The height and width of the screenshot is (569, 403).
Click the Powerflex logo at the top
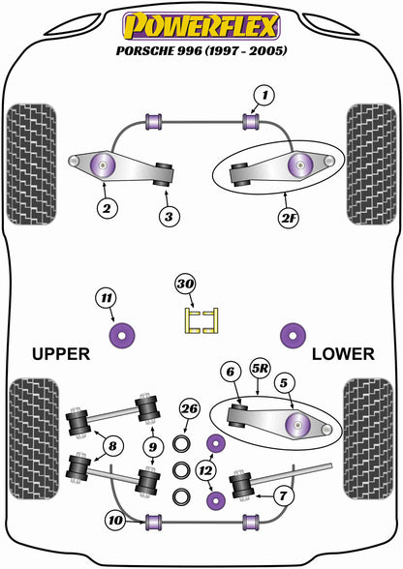tap(201, 26)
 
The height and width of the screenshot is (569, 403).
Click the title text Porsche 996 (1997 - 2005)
tap(201, 50)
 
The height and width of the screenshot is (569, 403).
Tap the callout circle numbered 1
tap(264, 96)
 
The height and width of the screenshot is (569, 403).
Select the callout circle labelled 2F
tap(288, 218)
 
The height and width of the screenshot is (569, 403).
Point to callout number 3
tap(169, 217)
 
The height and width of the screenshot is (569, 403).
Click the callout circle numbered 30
tap(185, 284)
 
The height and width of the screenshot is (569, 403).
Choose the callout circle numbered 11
tap(106, 298)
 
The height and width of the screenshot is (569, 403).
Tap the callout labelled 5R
tap(260, 369)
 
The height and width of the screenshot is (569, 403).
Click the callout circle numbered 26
tap(190, 409)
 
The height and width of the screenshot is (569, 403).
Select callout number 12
tap(205, 470)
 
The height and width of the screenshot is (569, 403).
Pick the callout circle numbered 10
tap(115, 520)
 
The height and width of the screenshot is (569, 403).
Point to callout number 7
tap(283, 495)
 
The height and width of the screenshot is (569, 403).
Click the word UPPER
tap(61, 354)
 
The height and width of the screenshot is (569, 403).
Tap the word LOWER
tap(343, 354)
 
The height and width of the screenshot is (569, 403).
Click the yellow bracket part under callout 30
tap(201, 320)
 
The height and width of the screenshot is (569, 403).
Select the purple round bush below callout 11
tap(122, 335)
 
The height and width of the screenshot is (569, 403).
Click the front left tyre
tap(32, 165)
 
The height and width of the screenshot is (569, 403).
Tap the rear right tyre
tap(368, 438)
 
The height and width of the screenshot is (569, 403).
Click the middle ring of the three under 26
tap(181, 470)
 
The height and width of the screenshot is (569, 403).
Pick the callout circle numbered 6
tap(231, 372)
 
